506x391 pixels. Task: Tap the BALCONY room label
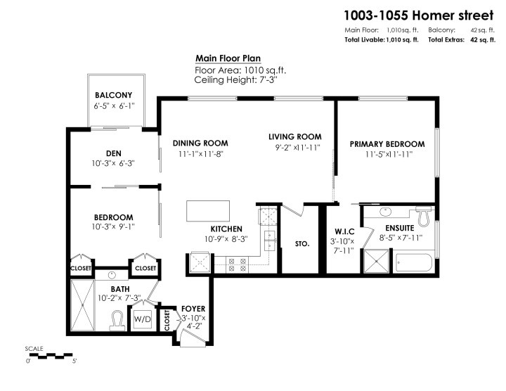[x=114, y=96]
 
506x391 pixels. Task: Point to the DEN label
[x=114, y=153]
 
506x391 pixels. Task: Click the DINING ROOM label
[x=200, y=143]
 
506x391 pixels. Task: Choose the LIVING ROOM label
[x=294, y=136]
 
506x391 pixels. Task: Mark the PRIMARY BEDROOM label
[x=387, y=143]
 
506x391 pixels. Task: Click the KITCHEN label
[x=226, y=229]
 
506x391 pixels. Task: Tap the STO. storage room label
[x=302, y=245]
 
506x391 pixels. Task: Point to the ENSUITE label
[x=399, y=229]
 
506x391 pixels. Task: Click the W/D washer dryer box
[x=143, y=318]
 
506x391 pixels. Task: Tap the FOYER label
[x=193, y=308]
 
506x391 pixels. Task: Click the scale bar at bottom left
[x=51, y=356]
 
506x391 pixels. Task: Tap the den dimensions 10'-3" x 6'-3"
[x=114, y=163]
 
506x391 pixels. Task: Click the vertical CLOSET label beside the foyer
[x=167, y=320]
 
